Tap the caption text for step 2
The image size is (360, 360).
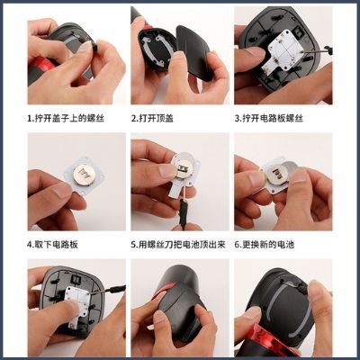pos(153,117)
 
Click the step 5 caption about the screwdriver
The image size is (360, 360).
pos(180,243)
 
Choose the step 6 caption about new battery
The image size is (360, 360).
pos(275,243)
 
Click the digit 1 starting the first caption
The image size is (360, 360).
pos(29,117)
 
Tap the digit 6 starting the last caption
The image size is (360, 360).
pos(237,243)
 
